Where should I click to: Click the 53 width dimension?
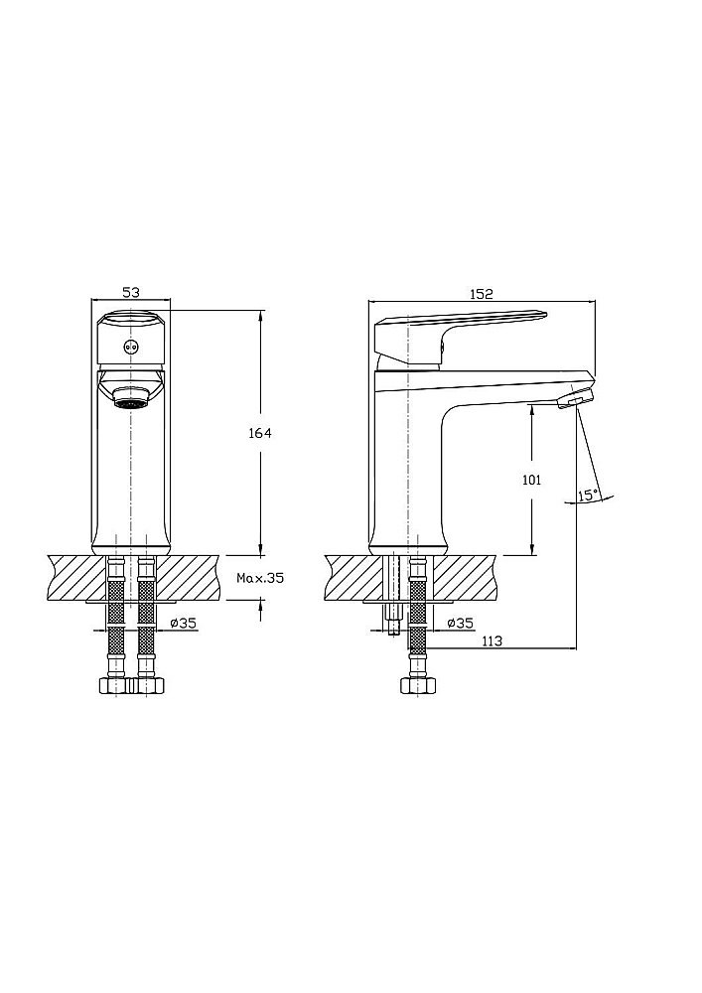[x=130, y=292]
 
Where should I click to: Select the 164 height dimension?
[x=260, y=433]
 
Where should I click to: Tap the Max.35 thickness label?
[x=260, y=577]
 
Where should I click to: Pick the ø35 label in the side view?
[x=459, y=623]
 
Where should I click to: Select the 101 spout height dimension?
[x=531, y=480]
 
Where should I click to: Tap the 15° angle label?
[x=588, y=495]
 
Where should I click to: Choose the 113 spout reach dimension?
[x=491, y=641]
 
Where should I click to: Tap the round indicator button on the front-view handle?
[x=130, y=347]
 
